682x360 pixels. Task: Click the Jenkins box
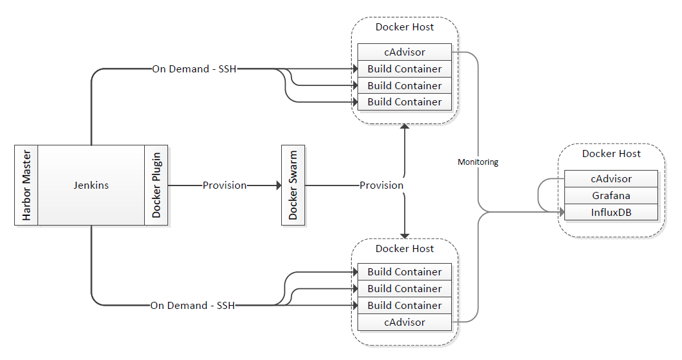(91, 185)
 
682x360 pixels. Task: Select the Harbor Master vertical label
(27, 185)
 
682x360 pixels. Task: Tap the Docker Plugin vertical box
(156, 185)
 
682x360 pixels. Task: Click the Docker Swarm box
(293, 185)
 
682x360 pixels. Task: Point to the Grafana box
(611, 195)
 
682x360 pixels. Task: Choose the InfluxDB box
(611, 212)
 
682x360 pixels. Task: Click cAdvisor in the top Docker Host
(404, 52)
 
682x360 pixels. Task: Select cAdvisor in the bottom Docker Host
(404, 322)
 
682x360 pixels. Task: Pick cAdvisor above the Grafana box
(611, 178)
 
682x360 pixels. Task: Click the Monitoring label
(478, 162)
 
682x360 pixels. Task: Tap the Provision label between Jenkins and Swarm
(224, 185)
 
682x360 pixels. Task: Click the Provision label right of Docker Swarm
(381, 185)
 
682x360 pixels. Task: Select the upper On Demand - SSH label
(194, 69)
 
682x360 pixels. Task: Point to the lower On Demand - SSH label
(193, 305)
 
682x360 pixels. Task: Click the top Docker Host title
(405, 27)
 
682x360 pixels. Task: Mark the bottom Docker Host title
(405, 249)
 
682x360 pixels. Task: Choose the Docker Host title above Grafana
(612, 154)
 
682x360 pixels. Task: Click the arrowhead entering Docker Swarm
(277, 185)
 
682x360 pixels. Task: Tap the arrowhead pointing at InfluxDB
(560, 212)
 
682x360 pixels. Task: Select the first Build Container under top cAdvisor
(404, 69)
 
